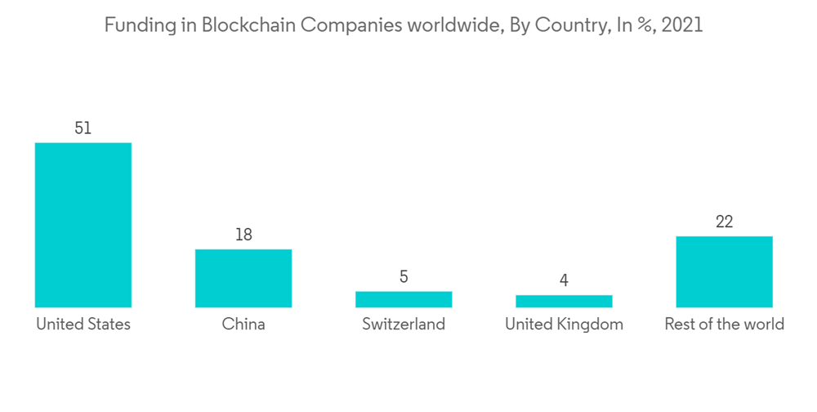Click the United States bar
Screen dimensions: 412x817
(83, 225)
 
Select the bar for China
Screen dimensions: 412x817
(243, 278)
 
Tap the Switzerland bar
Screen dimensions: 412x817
(404, 299)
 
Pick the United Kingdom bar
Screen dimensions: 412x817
(564, 301)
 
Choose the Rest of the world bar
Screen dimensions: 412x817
(724, 271)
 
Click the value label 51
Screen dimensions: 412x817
(83, 128)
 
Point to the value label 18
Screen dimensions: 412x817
(243, 235)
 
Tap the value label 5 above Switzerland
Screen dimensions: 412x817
(404, 277)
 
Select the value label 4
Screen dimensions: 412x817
(564, 280)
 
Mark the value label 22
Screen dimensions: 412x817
(724, 222)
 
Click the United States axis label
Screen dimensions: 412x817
(83, 325)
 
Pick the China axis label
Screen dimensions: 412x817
(243, 325)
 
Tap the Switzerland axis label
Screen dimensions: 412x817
(404, 325)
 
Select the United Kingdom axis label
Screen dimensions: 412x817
(564, 325)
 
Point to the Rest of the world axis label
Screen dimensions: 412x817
(724, 325)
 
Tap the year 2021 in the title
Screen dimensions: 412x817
(682, 25)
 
